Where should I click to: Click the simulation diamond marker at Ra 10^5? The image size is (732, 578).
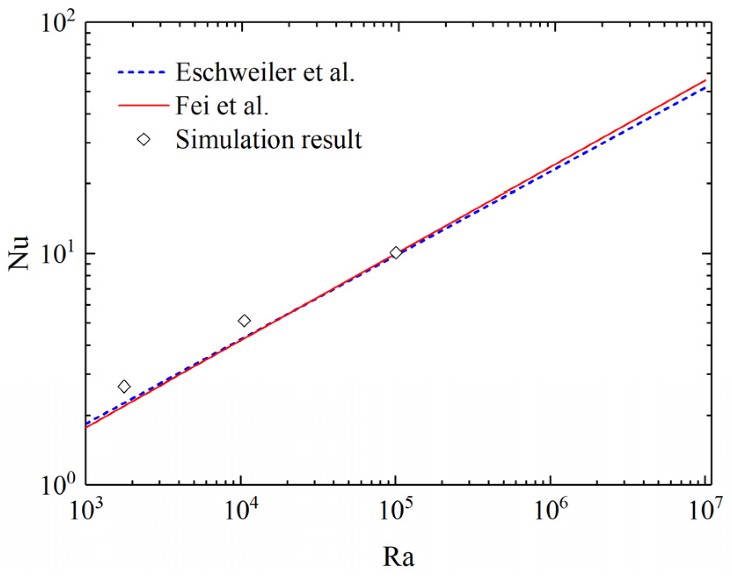pos(396,252)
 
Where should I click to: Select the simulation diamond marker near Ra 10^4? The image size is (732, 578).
pos(244,321)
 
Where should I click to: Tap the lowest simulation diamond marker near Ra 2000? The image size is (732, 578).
pos(124,387)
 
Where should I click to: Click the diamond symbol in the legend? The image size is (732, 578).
pos(144,139)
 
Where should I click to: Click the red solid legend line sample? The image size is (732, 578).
pos(143,106)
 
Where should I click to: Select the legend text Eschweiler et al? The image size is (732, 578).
pos(265,72)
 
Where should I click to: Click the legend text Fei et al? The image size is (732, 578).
pos(222,106)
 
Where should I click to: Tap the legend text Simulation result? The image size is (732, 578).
pos(269,139)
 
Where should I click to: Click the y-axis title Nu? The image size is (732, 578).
pos(18,253)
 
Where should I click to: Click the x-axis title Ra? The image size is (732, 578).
pos(398,557)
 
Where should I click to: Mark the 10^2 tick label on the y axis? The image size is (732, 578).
pos(59,23)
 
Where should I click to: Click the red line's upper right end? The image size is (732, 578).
pos(705,80)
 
